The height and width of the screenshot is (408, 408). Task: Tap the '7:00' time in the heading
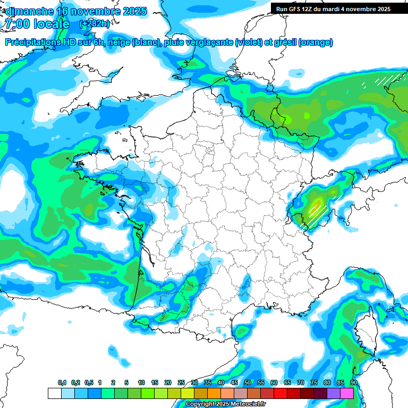pos(18,24)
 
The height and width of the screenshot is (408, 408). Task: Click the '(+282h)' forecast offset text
pos(95,24)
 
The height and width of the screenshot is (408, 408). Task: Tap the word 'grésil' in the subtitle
pos(286,42)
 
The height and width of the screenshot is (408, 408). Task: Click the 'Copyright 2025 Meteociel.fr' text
pos(225,404)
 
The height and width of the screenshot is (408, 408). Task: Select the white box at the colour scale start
pos(54,394)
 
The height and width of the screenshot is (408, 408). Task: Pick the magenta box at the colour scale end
pos(347,394)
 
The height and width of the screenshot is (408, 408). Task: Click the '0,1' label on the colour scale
pos(62,383)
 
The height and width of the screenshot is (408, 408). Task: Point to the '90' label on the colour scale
pos(354,383)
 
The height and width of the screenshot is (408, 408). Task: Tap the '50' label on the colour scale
pos(248,383)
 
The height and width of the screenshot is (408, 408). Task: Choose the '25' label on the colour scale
pos(181,383)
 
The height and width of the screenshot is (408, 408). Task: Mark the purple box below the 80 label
pos(334,394)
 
